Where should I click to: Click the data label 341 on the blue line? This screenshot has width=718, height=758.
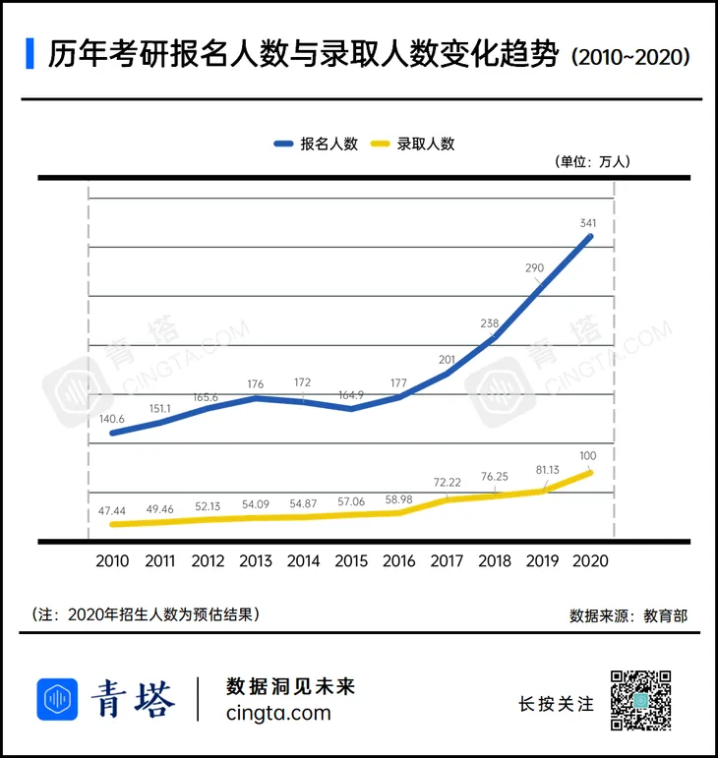coord(588,224)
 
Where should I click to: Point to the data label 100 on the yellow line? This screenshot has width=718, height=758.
coord(589,455)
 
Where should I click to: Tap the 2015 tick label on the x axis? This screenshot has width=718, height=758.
coord(351,561)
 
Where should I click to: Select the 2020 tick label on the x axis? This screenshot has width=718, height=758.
coord(589,561)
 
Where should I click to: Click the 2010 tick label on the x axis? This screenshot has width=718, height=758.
coord(113,561)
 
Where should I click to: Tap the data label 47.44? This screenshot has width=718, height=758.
coord(111,510)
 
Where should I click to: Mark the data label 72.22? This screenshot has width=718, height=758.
coord(448,485)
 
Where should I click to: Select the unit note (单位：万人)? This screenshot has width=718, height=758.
coord(591,161)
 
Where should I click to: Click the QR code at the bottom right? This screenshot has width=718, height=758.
coord(640,700)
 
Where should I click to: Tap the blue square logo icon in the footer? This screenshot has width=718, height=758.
coord(57,699)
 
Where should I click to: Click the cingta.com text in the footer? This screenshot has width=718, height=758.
coord(278,714)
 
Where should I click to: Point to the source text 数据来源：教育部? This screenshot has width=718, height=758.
coord(628,615)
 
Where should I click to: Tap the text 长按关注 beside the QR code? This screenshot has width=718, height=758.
coord(556,704)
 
